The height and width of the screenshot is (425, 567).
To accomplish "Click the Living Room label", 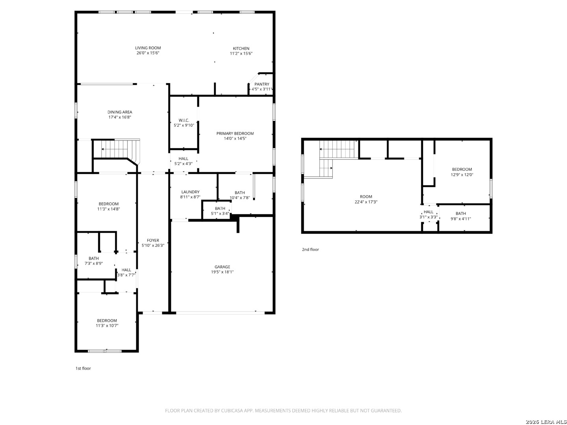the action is click(148, 48).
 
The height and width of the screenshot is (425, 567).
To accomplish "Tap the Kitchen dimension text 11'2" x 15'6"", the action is click(241, 54).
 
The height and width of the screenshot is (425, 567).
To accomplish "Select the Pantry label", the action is click(262, 84).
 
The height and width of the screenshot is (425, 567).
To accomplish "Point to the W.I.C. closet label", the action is click(183, 120).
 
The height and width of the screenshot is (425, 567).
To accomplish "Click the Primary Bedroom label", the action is click(235, 133).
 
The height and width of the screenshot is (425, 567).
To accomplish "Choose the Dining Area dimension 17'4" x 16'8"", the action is click(120, 117).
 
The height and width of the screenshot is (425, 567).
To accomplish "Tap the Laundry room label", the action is click(190, 192).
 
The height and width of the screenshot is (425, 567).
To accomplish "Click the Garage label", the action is click(222, 267).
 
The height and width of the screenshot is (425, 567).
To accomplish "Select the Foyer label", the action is click(153, 240).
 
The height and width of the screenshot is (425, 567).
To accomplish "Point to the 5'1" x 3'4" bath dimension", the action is click(220, 213).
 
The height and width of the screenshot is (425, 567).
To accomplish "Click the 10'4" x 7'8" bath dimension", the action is click(239, 198).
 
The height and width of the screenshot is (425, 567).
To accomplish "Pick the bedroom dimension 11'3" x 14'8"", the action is click(109, 209).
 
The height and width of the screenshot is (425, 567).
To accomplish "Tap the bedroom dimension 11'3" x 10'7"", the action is click(107, 326).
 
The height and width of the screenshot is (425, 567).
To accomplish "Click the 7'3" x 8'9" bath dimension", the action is click(93, 264).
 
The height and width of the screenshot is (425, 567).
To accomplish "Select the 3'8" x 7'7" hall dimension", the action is click(126, 275).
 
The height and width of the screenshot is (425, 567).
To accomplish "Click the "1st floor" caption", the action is click(83, 368).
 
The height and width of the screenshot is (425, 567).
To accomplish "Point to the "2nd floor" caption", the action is click(311, 249).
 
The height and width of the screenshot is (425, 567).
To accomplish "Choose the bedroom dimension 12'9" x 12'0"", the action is click(462, 175).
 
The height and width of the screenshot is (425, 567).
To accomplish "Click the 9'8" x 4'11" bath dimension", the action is click(461, 219).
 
